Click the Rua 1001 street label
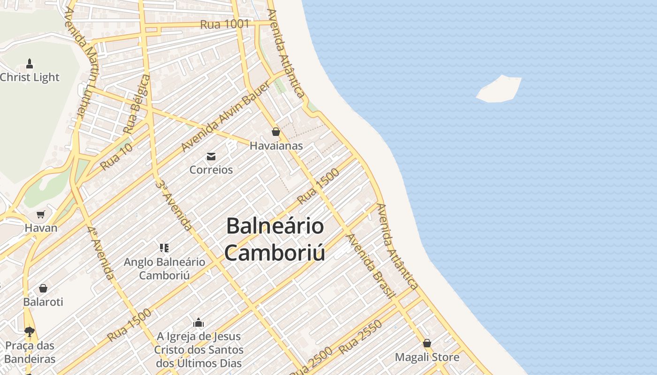pyautogui.click(x=224, y=24)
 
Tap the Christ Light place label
pyautogui.click(x=30, y=77)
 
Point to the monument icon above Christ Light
pyautogui.click(x=30, y=64)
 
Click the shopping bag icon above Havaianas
pyautogui.click(x=276, y=132)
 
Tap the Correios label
pyautogui.click(x=211, y=170)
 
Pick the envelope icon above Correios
pyautogui.click(x=211, y=157)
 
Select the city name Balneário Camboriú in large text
pyautogui.click(x=275, y=239)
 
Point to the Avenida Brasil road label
pyautogui.click(x=370, y=265)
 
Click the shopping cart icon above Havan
pyautogui.click(x=41, y=215)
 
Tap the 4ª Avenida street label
pyautogui.click(x=100, y=253)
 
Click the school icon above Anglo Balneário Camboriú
pyautogui.click(x=164, y=248)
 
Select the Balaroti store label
pyautogui.click(x=43, y=302)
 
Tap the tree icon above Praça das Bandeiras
pyautogui.click(x=30, y=332)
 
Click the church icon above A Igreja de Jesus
pyautogui.click(x=199, y=322)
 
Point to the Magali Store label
pyautogui.click(x=427, y=357)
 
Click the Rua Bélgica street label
pyautogui.click(x=137, y=104)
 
